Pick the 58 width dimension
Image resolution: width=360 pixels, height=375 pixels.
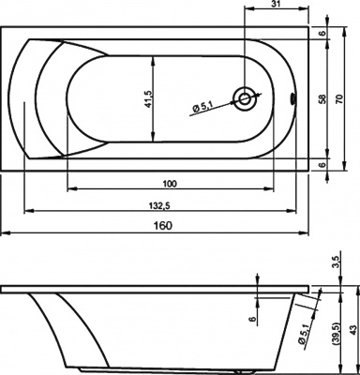(x=322, y=97)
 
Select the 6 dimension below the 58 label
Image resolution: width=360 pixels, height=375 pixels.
(x=322, y=163)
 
